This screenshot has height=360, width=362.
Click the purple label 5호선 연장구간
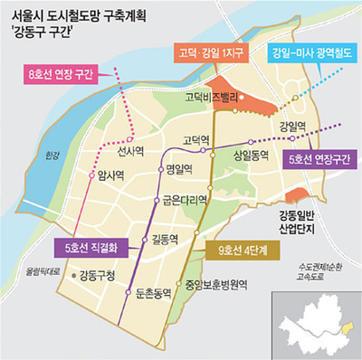[316, 159]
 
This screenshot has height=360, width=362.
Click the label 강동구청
[100, 275]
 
